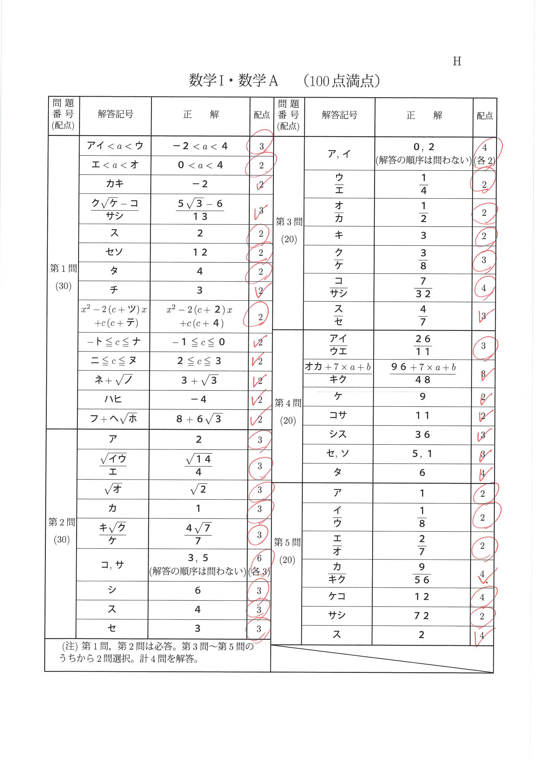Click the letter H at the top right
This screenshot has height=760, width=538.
click(457, 61)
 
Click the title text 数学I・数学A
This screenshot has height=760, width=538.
click(233, 80)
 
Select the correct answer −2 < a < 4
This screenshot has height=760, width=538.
click(200, 146)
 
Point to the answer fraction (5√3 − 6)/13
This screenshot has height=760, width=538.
click(200, 210)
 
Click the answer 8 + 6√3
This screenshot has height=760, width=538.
click(199, 419)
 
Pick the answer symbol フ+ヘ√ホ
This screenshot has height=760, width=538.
click(113, 419)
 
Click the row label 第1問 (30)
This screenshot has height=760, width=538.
click(63, 277)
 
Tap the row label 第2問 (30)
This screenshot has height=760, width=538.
click(61, 530)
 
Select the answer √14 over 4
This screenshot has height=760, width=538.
click(198, 465)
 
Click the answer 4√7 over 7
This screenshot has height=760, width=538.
click(198, 533)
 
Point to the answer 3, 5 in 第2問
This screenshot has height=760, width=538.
click(198, 558)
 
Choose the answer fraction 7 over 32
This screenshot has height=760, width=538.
click(423, 287)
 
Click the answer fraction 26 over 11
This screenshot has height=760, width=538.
click(423, 345)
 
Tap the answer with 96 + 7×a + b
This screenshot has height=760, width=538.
click(423, 373)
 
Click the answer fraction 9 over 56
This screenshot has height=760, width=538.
click(422, 573)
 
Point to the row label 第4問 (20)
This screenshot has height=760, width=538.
click(288, 412)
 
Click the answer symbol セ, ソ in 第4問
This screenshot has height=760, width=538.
click(338, 453)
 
